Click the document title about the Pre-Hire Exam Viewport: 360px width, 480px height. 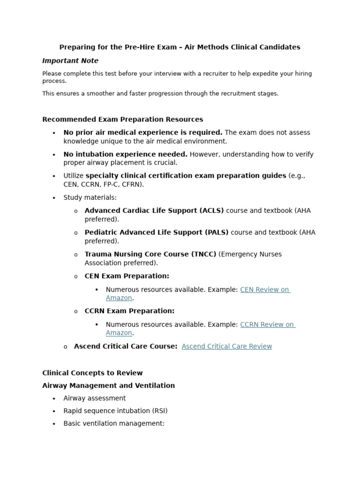[x=180, y=47]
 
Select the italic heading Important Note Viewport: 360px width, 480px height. [x=70, y=60]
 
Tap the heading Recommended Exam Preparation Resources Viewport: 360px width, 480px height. [x=122, y=119]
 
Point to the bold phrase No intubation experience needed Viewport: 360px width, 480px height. [x=125, y=154]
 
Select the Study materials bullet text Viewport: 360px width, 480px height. [x=90, y=197]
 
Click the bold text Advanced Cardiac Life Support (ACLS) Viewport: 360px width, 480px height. [x=154, y=210]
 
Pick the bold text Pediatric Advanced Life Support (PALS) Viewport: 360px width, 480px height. [x=157, y=232]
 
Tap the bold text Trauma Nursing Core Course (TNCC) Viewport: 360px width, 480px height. [x=150, y=254]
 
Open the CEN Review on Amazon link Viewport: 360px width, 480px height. [x=265, y=290]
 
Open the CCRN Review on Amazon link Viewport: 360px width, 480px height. [x=267, y=324]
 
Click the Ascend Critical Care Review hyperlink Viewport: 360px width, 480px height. [x=226, y=346]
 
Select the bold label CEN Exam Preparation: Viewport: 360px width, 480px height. [x=127, y=276]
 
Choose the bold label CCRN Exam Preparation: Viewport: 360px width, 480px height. [x=129, y=311]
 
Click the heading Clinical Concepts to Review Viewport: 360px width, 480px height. [x=92, y=373]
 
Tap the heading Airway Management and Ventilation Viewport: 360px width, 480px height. [x=108, y=385]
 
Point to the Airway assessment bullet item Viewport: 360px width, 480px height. [x=94, y=398]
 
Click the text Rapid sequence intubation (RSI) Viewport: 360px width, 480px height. [x=115, y=411]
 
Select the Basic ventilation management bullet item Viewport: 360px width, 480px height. [x=114, y=423]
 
